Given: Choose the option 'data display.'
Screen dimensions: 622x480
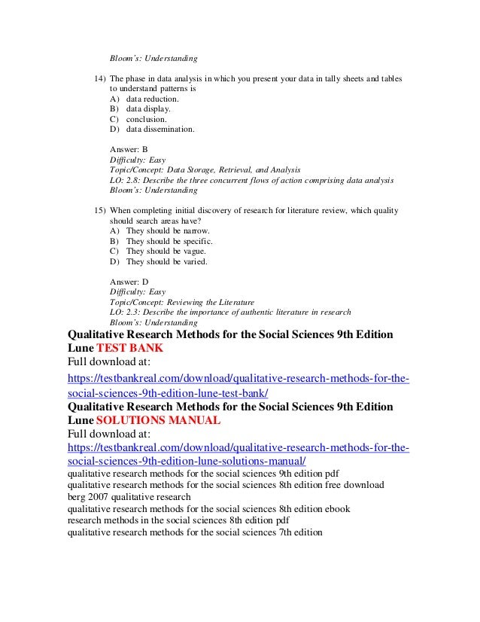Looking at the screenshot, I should tap(148, 108).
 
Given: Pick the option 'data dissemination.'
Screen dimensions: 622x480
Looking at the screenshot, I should tap(159, 129).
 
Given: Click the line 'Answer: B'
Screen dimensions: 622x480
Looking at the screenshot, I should tap(129, 149).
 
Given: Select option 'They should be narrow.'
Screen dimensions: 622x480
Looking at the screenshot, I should tap(168, 230).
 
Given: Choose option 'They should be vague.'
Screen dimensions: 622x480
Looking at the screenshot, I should tap(166, 251).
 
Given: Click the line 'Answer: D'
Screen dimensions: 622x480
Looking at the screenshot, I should tap(129, 282).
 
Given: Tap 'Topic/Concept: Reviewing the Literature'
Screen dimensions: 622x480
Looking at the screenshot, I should tap(182, 302).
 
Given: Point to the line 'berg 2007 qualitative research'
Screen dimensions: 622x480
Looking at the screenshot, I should tap(129, 497).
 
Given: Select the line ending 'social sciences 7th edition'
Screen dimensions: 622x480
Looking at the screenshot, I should tap(195, 532).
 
